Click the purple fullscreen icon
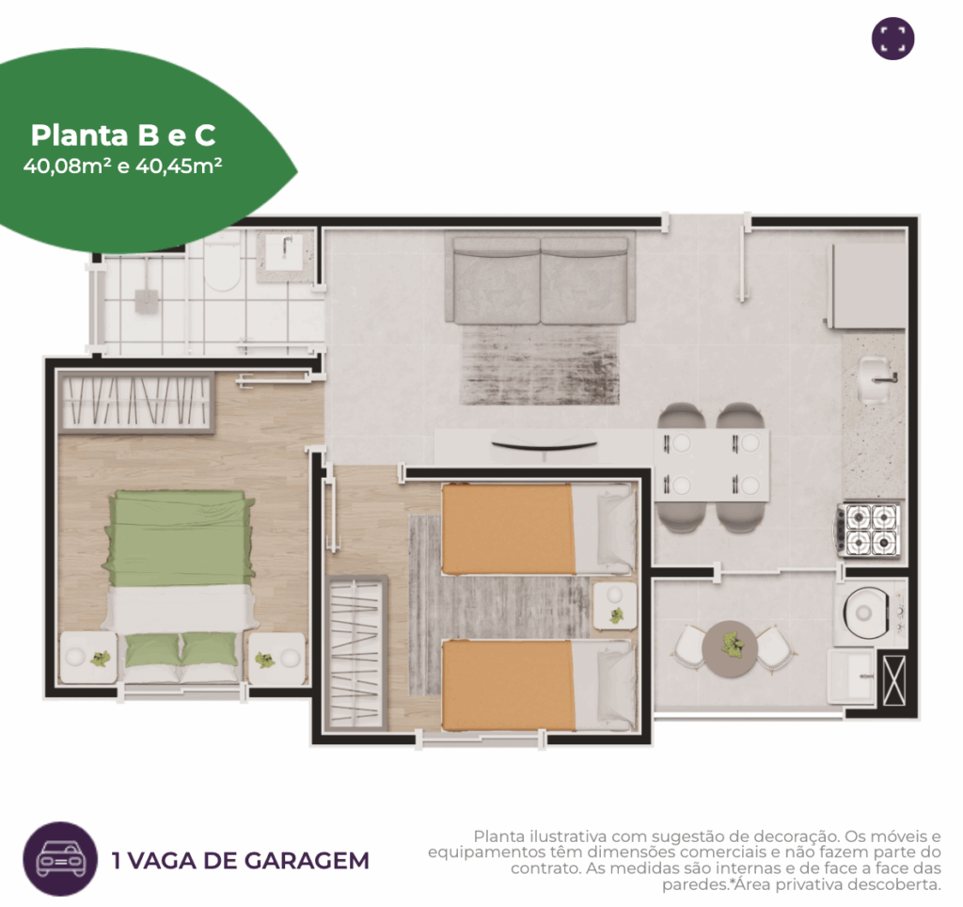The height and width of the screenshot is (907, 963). click(x=892, y=39)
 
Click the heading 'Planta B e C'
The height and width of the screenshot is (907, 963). click(x=123, y=135)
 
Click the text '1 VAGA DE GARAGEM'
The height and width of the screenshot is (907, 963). click(x=240, y=861)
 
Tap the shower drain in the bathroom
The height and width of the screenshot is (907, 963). click(x=146, y=299)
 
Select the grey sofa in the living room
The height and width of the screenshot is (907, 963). click(x=540, y=279)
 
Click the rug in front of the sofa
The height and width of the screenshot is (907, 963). click(x=539, y=364)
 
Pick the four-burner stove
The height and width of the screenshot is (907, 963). click(x=870, y=530)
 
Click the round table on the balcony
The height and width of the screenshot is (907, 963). click(x=733, y=647)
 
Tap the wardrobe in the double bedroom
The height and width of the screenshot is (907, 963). click(x=135, y=404)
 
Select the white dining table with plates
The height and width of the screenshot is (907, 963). click(x=712, y=464)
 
